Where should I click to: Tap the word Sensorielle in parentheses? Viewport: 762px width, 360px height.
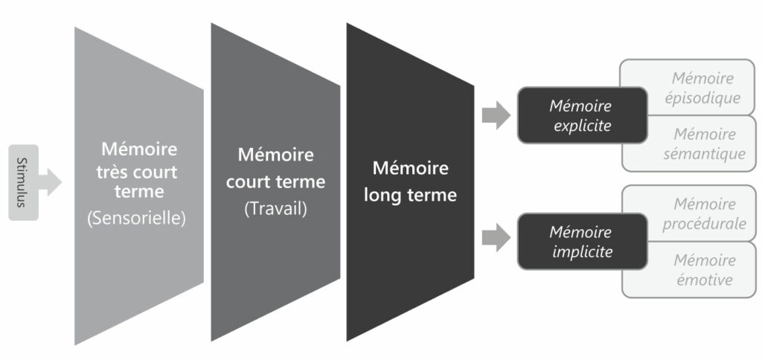pos(135,219)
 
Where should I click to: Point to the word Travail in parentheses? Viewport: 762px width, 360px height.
pos(275,209)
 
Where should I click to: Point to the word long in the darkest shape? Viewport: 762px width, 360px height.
pos(383,195)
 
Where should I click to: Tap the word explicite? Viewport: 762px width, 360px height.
pos(582,126)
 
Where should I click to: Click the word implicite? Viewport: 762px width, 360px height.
pos(583,252)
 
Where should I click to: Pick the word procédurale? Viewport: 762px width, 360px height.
pos(704,224)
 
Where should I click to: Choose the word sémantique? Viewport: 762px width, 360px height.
pos(704,154)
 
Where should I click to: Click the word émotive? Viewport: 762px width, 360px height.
pos(703,280)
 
